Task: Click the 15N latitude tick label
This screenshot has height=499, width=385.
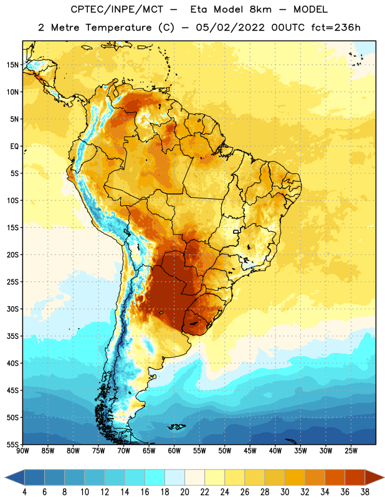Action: (x=12, y=65)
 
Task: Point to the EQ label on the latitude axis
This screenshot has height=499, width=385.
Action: (x=14, y=147)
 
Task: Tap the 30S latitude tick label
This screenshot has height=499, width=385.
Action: (x=12, y=309)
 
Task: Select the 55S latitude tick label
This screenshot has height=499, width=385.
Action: (x=12, y=444)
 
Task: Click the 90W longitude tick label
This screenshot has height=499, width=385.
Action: (x=22, y=451)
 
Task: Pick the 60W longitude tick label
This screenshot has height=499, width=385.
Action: (x=174, y=451)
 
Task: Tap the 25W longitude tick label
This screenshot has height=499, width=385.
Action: (x=351, y=451)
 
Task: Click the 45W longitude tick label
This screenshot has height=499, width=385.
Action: (x=250, y=451)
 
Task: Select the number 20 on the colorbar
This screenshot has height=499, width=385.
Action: (x=184, y=492)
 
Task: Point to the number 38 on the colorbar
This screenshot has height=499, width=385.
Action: (x=365, y=492)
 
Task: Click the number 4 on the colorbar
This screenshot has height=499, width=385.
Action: (x=24, y=492)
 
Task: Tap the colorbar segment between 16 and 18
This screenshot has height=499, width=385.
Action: (x=155, y=477)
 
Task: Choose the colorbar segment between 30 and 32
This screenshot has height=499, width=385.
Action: (x=295, y=477)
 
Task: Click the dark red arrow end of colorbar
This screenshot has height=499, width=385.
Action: (x=374, y=477)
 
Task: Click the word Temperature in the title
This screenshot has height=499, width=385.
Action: (x=118, y=27)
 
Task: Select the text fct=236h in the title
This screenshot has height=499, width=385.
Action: (x=336, y=27)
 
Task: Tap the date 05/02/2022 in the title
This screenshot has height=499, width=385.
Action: (x=230, y=27)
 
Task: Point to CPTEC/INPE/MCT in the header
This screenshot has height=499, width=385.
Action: (x=117, y=9)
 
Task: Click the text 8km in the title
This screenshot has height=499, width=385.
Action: (x=260, y=9)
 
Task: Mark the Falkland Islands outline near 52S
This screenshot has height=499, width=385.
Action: (x=176, y=427)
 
